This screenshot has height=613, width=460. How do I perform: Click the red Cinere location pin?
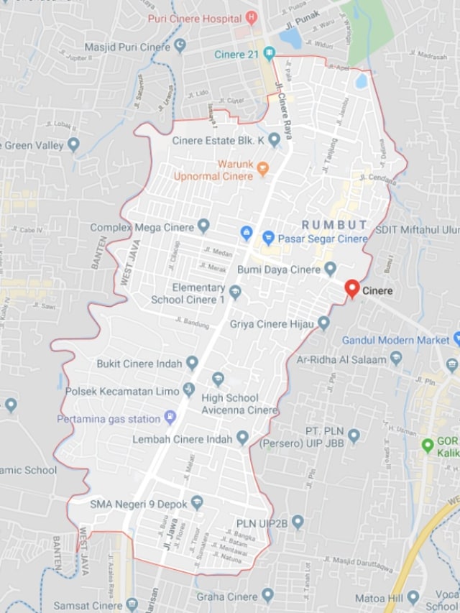[351, 288]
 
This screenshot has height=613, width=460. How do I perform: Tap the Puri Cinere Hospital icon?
[250, 17]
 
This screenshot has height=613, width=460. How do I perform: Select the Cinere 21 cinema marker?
[269, 54]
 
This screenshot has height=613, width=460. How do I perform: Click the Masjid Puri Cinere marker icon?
[180, 46]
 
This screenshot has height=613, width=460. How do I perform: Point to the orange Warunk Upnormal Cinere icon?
[263, 170]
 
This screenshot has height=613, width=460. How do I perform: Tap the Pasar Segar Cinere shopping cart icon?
[268, 236]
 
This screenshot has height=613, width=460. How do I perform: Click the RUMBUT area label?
[334, 224]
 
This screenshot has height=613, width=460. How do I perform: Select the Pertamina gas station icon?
[170, 417]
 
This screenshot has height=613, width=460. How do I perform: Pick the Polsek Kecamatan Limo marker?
[188, 390]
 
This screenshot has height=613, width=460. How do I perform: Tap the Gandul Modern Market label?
[395, 339]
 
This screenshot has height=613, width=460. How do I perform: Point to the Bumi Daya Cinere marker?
[330, 269]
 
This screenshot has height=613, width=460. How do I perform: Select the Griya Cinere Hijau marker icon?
[323, 323]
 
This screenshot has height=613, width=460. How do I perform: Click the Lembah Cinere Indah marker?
[242, 438]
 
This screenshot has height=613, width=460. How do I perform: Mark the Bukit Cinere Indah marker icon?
[192, 363]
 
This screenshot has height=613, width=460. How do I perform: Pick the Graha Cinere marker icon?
[267, 595]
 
